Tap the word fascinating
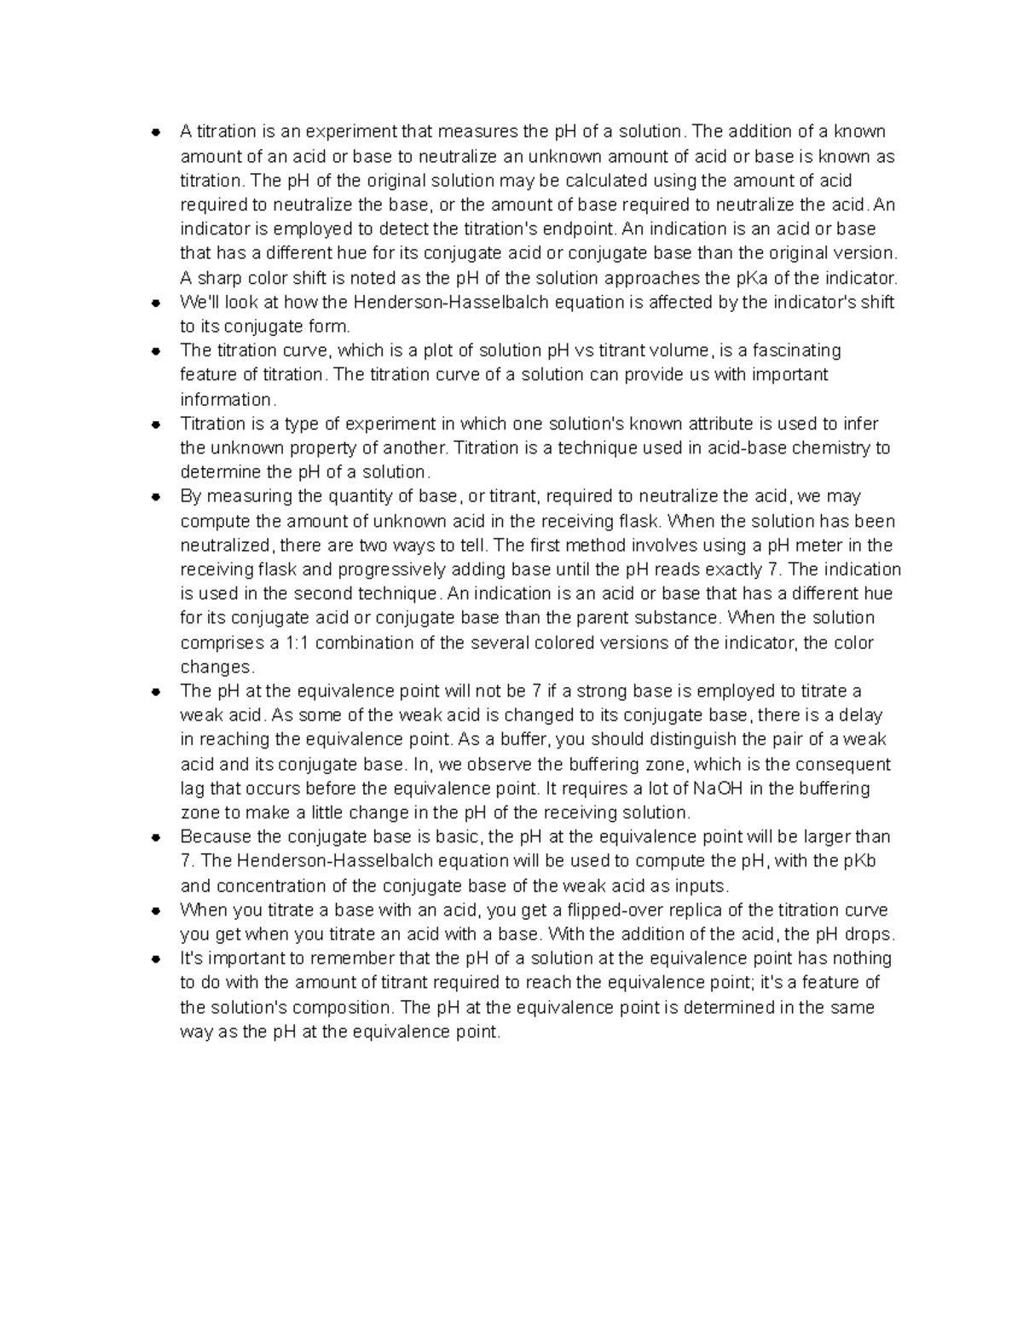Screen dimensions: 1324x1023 pyautogui.click(x=789, y=350)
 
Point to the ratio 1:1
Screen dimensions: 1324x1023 pyautogui.click(x=306, y=642)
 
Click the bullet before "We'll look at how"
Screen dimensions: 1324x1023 pyautogui.click(x=155, y=303)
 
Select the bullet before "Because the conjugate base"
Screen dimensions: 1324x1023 pyautogui.click(x=155, y=837)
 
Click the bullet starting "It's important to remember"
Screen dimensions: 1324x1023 pyautogui.click(x=155, y=959)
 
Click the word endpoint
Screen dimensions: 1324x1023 pyautogui.click(x=586, y=228)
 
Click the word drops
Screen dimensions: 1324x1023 pyautogui.click(x=869, y=934)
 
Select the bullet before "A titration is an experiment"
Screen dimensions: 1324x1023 pyautogui.click(x=155, y=132)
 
